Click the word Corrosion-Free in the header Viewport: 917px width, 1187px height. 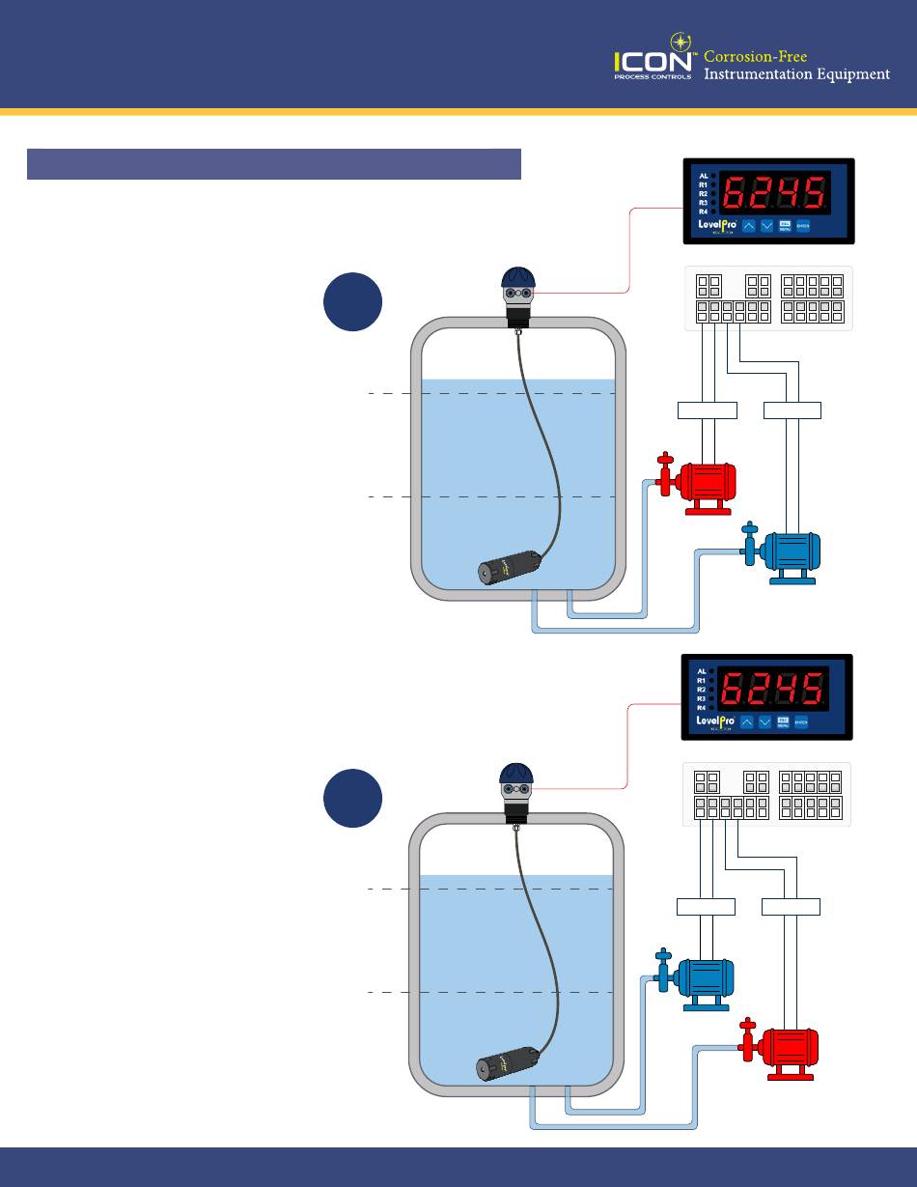point(755,56)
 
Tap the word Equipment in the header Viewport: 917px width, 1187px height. point(848,75)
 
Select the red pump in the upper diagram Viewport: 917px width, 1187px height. point(705,482)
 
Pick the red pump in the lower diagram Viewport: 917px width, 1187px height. point(788,1048)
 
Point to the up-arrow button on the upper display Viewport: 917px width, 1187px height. point(748,225)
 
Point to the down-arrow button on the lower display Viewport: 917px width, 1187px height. point(765,721)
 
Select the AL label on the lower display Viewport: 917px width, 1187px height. point(701,670)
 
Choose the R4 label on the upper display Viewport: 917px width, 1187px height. point(703,211)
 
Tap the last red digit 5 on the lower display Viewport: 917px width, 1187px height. point(812,689)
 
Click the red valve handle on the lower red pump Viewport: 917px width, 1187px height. point(746,1027)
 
